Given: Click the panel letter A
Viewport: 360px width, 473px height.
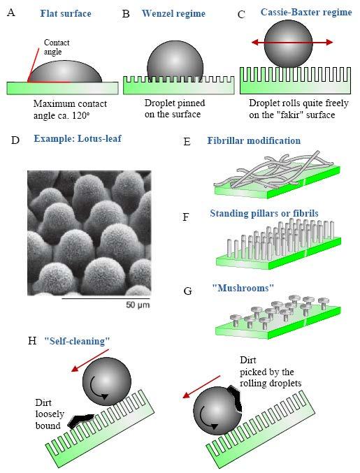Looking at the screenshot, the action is point(11,13).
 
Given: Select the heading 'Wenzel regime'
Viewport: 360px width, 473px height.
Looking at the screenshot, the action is point(173,13).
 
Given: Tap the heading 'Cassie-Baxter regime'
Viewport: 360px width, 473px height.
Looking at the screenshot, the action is point(306,12).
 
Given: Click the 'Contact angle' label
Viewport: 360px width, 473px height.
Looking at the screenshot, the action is point(57,47).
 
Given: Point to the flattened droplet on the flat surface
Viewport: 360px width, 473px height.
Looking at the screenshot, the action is point(65,72).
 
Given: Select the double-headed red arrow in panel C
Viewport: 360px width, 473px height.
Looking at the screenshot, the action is point(292,42).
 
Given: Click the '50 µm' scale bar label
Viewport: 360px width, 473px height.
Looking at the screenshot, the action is point(138,305).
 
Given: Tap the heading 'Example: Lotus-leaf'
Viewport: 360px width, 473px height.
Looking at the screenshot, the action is point(78,138).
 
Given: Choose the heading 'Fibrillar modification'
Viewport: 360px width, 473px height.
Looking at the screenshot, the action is point(254,140).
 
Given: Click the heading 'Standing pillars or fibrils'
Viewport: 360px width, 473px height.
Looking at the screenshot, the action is point(264,213).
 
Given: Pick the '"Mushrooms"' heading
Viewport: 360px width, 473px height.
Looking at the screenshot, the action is point(243,288).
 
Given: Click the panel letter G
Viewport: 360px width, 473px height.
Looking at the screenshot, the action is point(187,291).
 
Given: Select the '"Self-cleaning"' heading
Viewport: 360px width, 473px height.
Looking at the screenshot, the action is point(77,341).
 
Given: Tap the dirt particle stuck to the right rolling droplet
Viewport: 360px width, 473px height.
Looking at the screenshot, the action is point(235,398).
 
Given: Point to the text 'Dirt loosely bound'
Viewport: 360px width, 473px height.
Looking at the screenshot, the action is point(50,414).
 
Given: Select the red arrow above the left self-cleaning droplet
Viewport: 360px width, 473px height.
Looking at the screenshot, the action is point(90,361).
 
